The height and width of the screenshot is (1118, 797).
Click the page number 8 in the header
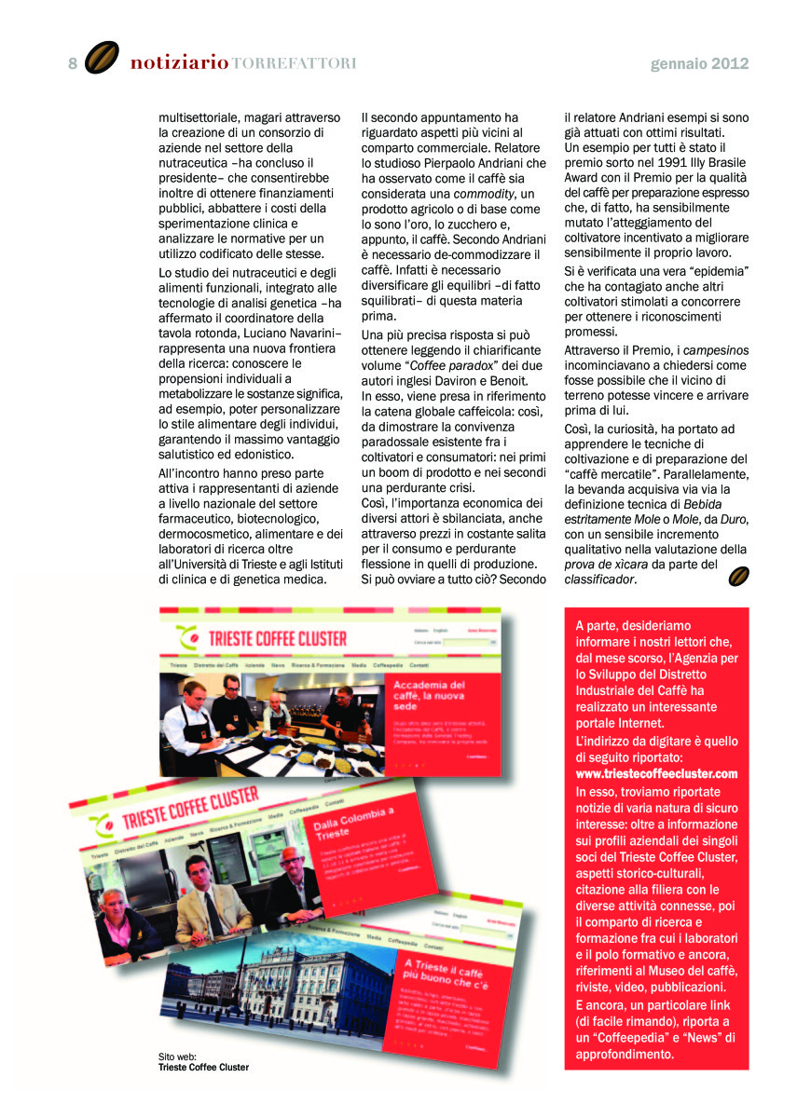(72, 63)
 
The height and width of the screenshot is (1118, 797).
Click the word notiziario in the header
(179, 63)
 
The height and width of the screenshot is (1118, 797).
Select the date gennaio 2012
(699, 64)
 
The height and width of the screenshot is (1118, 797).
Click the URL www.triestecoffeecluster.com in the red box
(657, 773)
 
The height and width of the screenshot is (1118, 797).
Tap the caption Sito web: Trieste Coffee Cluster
(203, 1062)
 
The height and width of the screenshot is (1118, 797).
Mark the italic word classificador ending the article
(599, 579)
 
